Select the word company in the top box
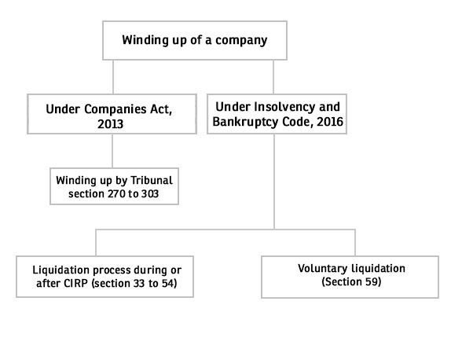[x=241, y=41]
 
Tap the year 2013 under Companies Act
[x=111, y=124]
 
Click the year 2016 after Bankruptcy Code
[x=330, y=122]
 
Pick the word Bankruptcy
[x=245, y=122]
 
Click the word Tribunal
[x=152, y=181]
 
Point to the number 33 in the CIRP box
[x=139, y=284]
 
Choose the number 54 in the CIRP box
[x=167, y=284]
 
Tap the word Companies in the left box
[x=115, y=109]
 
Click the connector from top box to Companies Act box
[x=113, y=77]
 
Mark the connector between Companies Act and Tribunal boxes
[x=112, y=151]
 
